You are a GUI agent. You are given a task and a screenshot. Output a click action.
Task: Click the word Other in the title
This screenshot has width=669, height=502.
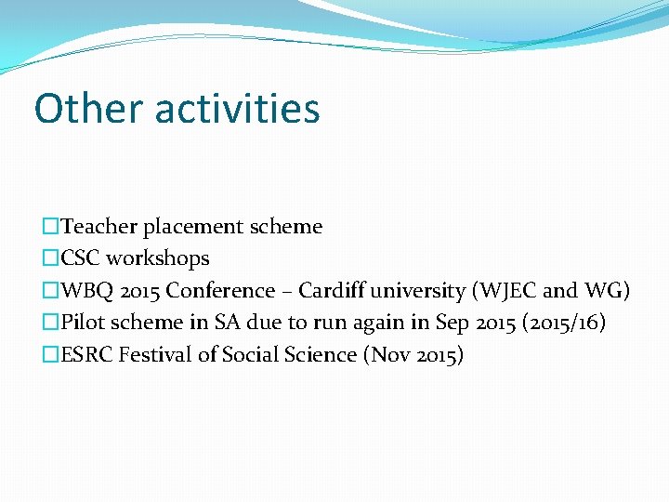(89, 108)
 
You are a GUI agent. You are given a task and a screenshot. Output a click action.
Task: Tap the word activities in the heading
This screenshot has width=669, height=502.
(237, 108)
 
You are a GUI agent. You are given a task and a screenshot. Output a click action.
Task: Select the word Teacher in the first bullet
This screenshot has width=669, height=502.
(99, 227)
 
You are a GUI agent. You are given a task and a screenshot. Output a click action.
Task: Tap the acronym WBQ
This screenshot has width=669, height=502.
(84, 291)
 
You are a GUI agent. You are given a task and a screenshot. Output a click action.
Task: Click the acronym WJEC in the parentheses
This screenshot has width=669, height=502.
(508, 291)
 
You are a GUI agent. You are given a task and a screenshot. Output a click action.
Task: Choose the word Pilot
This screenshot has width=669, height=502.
(83, 323)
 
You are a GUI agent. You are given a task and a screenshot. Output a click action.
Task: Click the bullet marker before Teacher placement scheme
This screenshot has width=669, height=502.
(50, 227)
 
